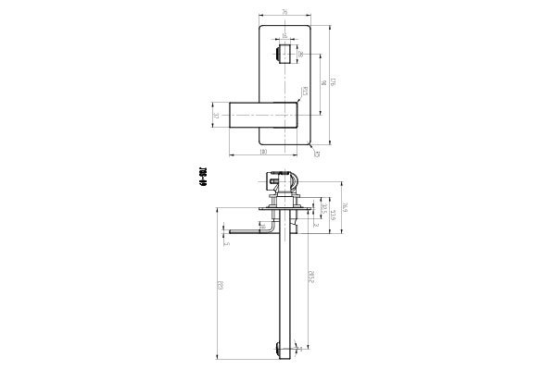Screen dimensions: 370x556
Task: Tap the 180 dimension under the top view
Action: [x=264, y=152]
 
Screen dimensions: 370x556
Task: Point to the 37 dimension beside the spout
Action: [x=216, y=117]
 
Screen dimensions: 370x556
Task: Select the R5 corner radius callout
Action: [x=316, y=154]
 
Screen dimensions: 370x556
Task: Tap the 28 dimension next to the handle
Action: [x=299, y=55]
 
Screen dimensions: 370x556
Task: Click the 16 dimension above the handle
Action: [x=284, y=38]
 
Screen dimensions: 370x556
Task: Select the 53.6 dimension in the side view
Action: [x=330, y=217]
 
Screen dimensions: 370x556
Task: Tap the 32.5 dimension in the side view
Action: [x=321, y=209]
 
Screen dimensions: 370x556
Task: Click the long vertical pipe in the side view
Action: [x=286, y=287]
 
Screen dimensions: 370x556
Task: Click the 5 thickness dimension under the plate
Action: [x=226, y=243]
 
